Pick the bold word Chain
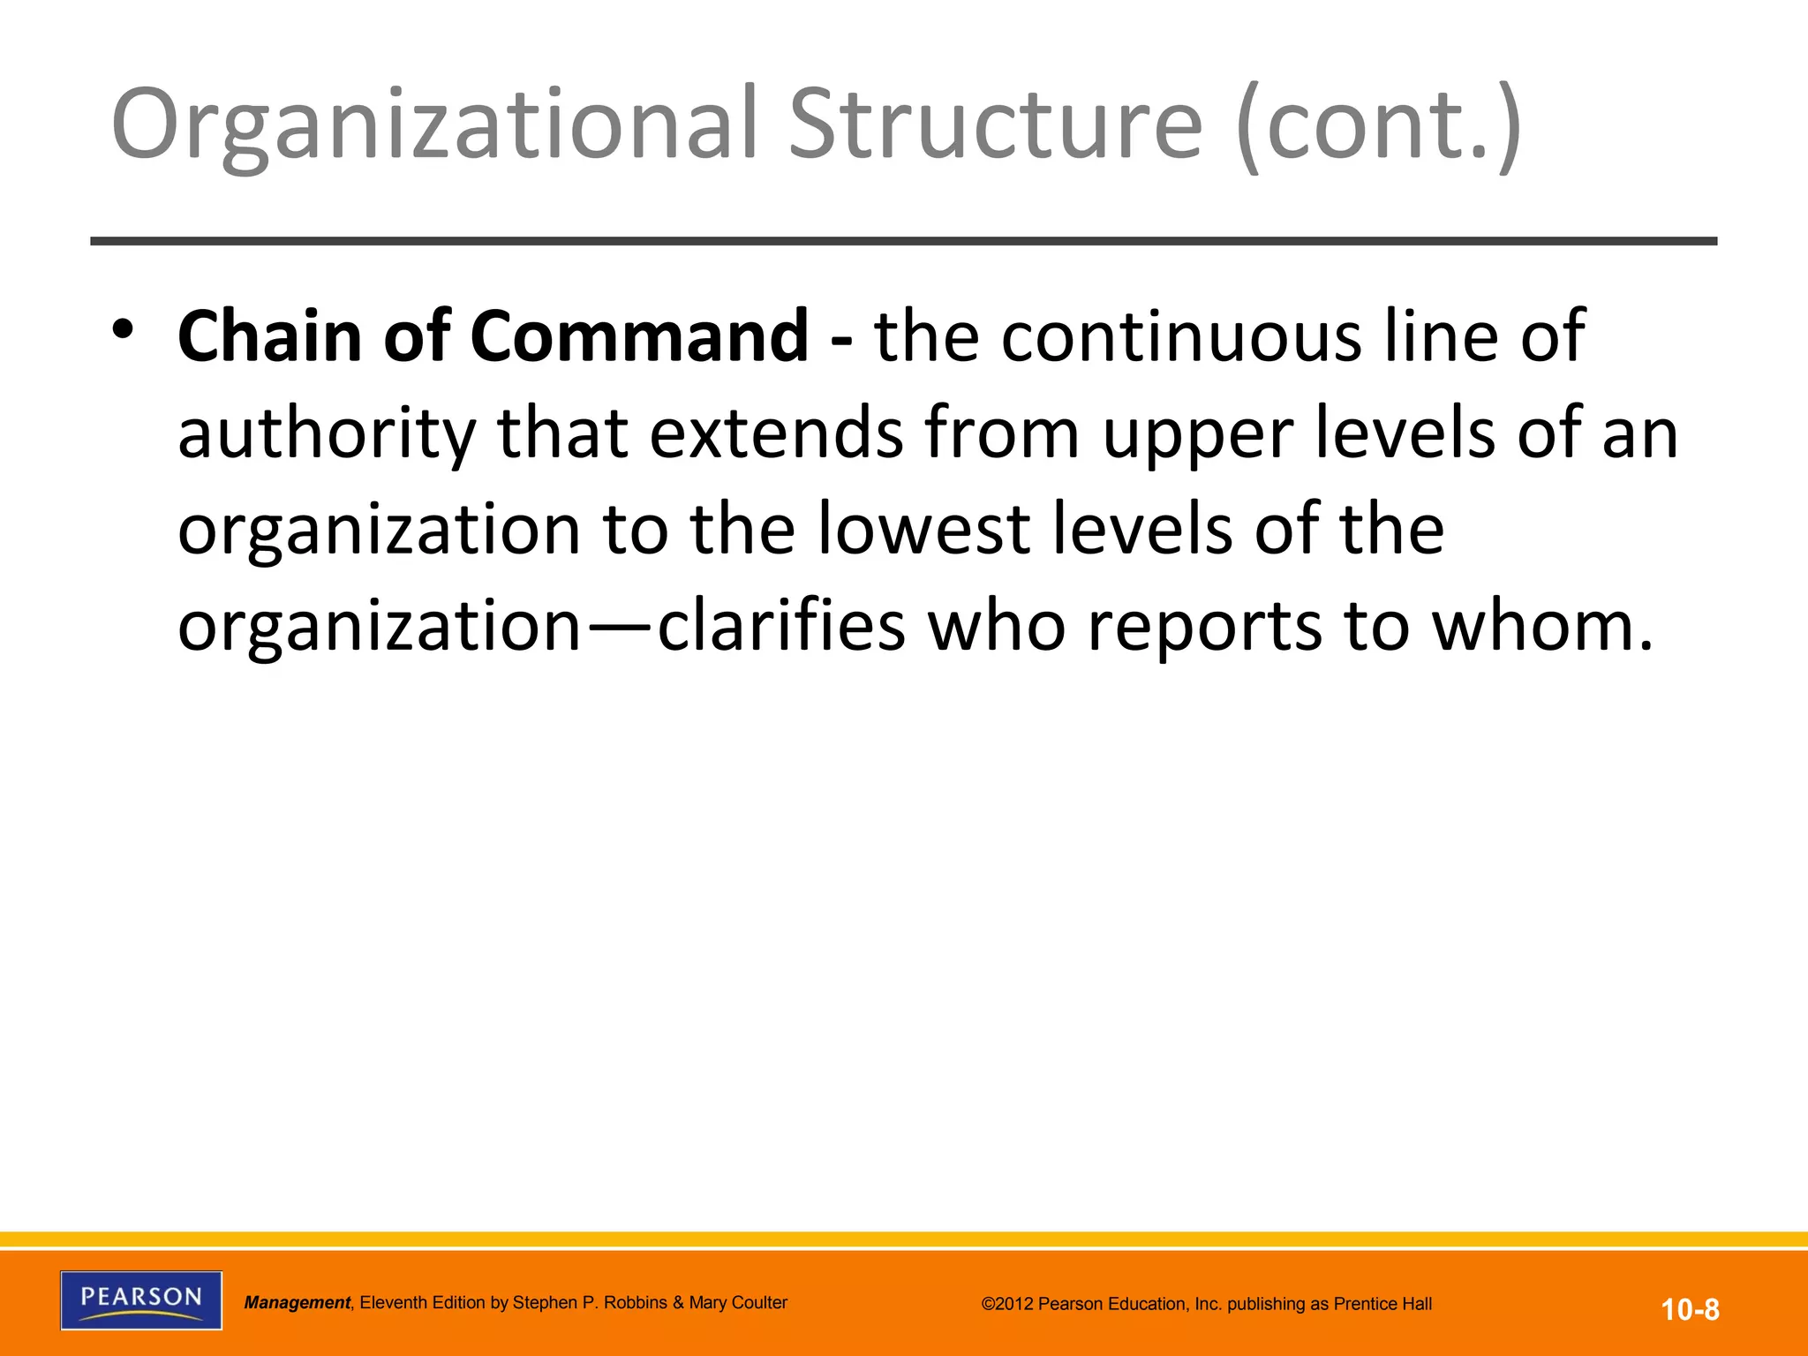coord(269,336)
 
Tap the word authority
coord(327,434)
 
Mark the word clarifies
coord(782,626)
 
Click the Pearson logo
coord(141,1299)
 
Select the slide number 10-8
coord(1690,1309)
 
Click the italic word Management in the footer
coord(297,1303)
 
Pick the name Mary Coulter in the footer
coord(738,1302)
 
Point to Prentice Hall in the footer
coord(1382,1304)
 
